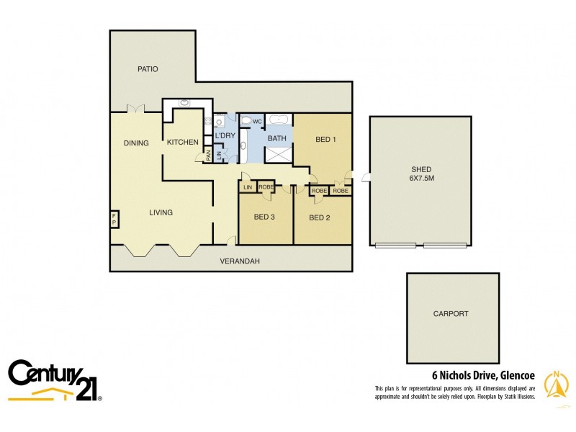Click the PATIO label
tap(148, 69)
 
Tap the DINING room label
tap(135, 143)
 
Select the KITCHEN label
tap(182, 143)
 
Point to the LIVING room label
tap(161, 212)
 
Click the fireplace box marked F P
tap(114, 220)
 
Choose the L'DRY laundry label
tap(225, 135)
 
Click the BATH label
tap(277, 138)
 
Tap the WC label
tap(257, 121)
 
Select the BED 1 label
tap(325, 140)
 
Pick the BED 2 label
tap(320, 217)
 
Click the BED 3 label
tap(264, 217)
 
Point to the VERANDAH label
tap(239, 261)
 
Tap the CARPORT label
tap(451, 314)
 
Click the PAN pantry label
tap(207, 154)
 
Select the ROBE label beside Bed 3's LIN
tap(266, 187)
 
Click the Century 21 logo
tap(55, 379)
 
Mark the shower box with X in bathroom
tap(277, 154)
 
